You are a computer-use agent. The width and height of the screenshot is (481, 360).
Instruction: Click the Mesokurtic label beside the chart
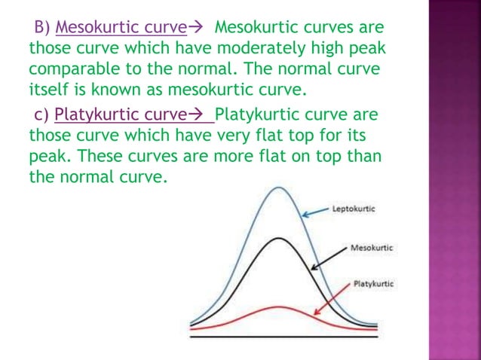(372, 247)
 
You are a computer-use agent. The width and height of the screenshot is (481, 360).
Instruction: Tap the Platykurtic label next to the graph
(373, 283)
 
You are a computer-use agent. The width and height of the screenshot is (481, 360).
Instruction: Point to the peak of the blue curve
(279, 188)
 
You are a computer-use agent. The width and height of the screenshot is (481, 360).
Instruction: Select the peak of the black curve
(279, 239)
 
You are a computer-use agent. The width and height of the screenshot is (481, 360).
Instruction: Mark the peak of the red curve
(277, 307)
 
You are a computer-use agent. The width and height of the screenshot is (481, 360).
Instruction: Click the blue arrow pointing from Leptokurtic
(317, 211)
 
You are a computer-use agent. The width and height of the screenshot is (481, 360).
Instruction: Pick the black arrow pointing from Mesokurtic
(329, 257)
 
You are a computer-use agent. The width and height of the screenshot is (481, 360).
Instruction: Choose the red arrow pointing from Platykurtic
(332, 299)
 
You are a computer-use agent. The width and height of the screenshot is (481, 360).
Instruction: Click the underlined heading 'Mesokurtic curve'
(121, 28)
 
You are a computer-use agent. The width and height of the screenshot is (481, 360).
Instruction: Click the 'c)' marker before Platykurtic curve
(41, 117)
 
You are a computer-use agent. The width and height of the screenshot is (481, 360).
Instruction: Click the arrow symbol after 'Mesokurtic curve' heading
(195, 28)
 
